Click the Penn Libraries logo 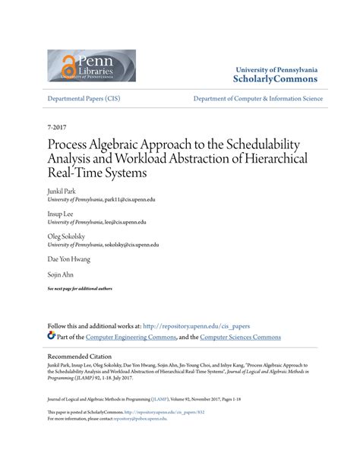tap(91, 65)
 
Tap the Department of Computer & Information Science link tap(257, 99)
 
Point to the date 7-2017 tap(58, 129)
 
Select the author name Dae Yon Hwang tap(69, 259)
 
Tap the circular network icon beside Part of tap(52, 336)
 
